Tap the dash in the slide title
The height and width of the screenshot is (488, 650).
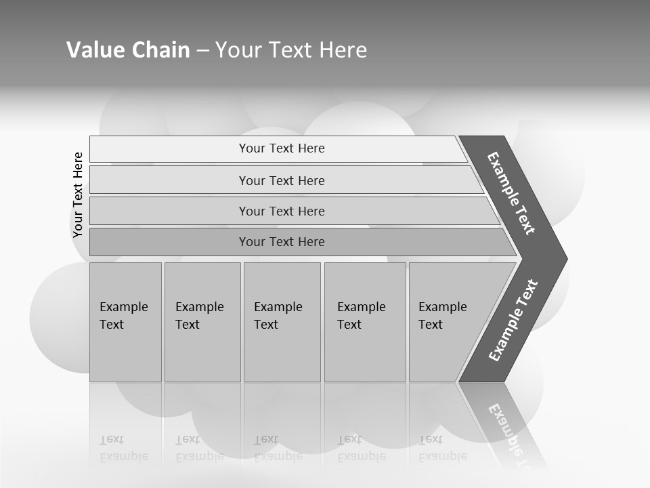point(202,51)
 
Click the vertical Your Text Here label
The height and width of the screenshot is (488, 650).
point(78,195)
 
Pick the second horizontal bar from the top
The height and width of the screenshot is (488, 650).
point(281,180)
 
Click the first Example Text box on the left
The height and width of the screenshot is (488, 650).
point(125,321)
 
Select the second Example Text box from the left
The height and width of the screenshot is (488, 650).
point(202,321)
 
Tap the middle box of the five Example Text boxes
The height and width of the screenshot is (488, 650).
point(282,321)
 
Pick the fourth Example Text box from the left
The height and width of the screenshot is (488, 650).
point(365,321)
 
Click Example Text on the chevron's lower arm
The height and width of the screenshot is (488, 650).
point(513,321)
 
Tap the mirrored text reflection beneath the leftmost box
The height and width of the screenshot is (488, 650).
point(124,449)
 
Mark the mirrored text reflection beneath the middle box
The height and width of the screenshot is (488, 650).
point(278,449)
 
